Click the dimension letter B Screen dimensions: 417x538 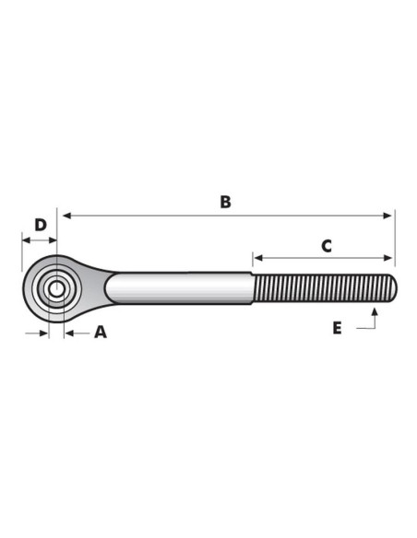(x=225, y=202)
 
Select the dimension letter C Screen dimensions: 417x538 (x=327, y=246)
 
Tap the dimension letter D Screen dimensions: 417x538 (x=41, y=225)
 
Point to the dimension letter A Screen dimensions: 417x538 (x=101, y=333)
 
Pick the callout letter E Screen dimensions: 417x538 (x=337, y=328)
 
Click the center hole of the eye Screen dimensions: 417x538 (x=56, y=289)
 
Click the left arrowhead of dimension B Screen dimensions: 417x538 (x=66, y=216)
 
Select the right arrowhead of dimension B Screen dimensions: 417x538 (x=387, y=216)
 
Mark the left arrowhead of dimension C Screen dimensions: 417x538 (x=258, y=258)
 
